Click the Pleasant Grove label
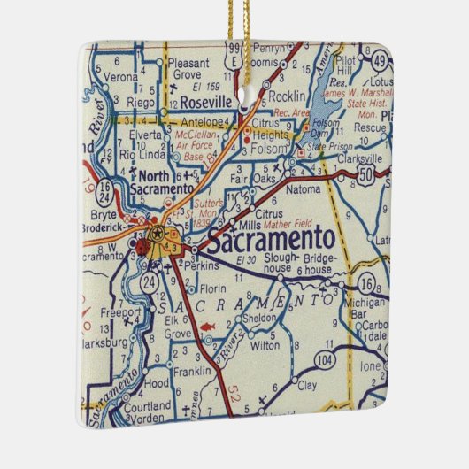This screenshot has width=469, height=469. pos(188,70)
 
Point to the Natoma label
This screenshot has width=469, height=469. pos(304,188)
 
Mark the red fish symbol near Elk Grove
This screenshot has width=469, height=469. pos(206,328)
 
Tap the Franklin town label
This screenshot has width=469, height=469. pos(191,372)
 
